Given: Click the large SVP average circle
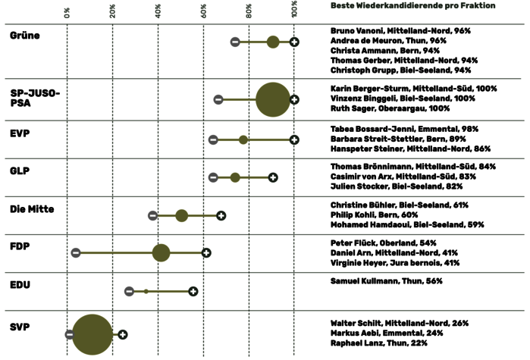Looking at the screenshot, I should tap(92, 334).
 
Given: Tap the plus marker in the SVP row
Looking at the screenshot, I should tap(122, 334).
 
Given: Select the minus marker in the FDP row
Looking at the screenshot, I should tap(75, 252).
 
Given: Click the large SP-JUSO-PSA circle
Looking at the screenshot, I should tap(273, 99).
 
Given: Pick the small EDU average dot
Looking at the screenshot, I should tap(146, 291).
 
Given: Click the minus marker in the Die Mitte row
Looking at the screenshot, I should tap(152, 216).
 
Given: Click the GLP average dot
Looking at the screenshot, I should tap(235, 177).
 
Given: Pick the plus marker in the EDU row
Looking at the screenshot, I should tap(193, 291).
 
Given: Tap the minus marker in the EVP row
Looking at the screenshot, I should tap(213, 139).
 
